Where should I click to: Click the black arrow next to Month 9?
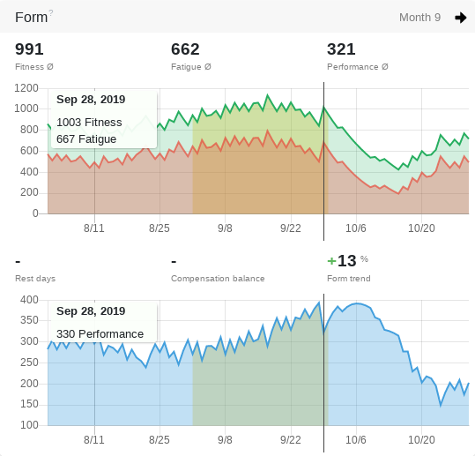(x=460, y=18)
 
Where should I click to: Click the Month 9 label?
(x=419, y=18)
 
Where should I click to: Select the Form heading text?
(x=31, y=18)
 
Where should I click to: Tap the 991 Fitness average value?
(x=29, y=49)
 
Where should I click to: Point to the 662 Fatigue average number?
(x=185, y=49)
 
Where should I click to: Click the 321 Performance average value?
(x=341, y=49)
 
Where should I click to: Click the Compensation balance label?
(x=218, y=279)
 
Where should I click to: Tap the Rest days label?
(x=35, y=279)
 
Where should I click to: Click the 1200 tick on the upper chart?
(x=26, y=88)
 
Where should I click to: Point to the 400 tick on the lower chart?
(x=29, y=300)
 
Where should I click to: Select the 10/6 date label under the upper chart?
(x=356, y=228)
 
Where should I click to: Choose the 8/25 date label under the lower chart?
(x=160, y=439)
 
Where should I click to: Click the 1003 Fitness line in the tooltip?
(x=89, y=123)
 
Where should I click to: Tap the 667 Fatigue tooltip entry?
(x=86, y=139)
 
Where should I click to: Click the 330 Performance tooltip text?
(x=100, y=333)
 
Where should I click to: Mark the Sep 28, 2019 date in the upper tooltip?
(x=91, y=100)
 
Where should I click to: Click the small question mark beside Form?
(x=51, y=12)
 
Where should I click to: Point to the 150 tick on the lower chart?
(x=29, y=404)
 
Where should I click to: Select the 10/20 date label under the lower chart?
(x=421, y=439)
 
